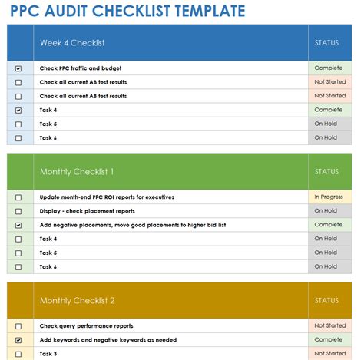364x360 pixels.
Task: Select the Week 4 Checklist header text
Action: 72,43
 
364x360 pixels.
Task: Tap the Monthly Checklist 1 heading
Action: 77,172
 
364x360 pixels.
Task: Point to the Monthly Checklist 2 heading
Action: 77,301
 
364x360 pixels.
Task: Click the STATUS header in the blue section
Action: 326,43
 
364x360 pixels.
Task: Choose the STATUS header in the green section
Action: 326,172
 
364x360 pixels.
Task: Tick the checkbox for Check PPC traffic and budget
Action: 18,68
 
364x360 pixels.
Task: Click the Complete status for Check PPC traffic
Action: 328,68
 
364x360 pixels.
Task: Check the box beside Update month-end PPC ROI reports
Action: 18,197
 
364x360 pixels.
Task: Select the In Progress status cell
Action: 328,197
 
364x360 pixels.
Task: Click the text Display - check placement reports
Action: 87,211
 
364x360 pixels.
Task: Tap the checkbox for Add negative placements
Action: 18,225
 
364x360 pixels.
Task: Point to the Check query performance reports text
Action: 86,325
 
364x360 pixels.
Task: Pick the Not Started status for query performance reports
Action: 329,325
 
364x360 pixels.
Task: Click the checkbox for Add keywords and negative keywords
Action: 18,339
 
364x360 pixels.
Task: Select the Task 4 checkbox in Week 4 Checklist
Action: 18,110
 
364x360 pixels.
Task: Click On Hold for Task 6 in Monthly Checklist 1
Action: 326,266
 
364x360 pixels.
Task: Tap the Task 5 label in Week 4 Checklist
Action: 48,124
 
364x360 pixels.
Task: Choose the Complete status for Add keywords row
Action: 328,339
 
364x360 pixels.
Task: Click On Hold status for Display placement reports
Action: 326,211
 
